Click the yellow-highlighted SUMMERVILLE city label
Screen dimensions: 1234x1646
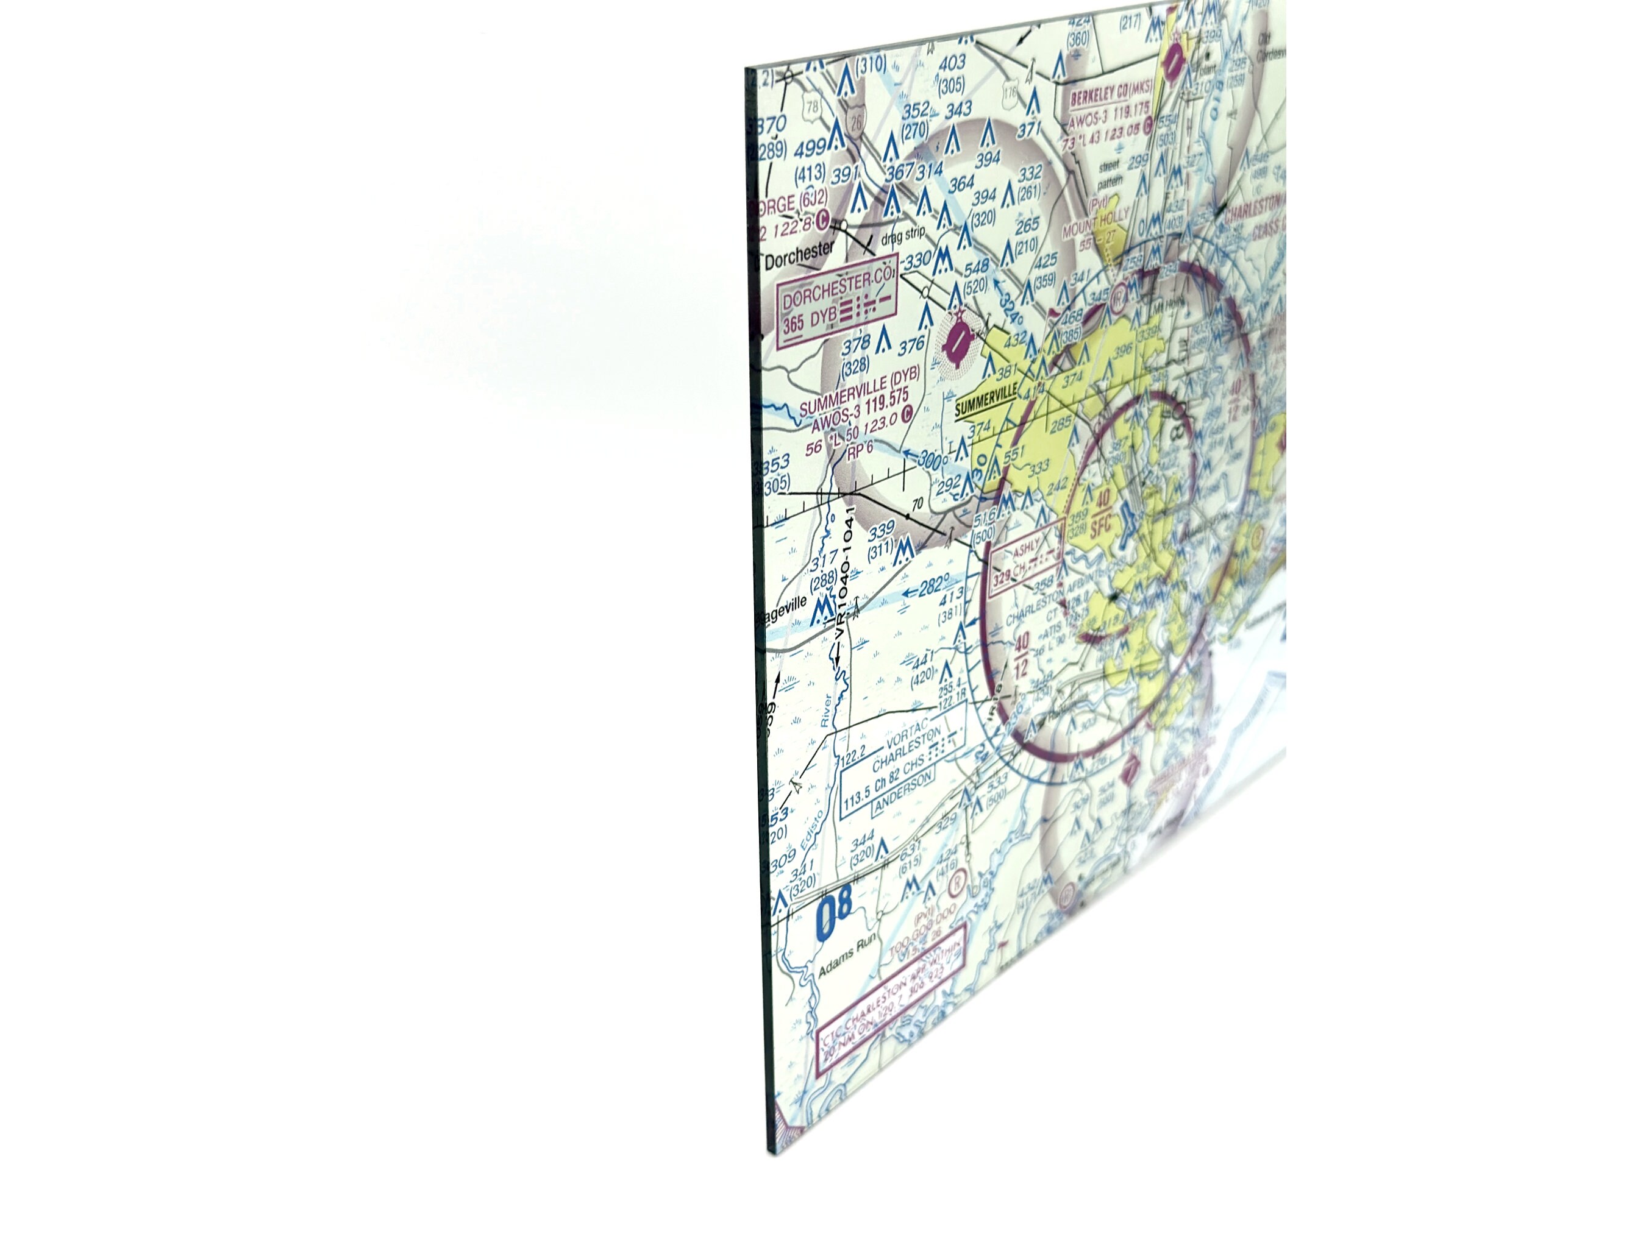coord(985,399)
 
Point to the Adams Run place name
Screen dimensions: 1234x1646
coord(847,958)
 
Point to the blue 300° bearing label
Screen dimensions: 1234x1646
coord(932,459)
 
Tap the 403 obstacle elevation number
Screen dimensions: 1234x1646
coord(952,63)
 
